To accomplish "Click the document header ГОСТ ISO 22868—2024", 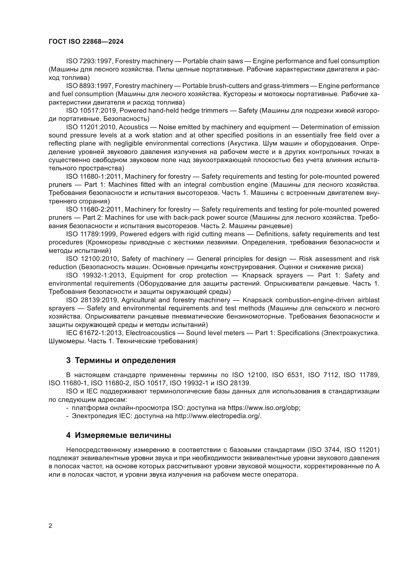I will click(86, 42).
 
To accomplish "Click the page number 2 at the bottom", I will click(50, 526).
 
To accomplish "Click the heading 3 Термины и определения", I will click(121, 361).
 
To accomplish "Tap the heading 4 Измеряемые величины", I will click(119, 435).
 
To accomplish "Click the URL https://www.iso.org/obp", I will click(264, 408).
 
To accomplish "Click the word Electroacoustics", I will click(150, 333).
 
